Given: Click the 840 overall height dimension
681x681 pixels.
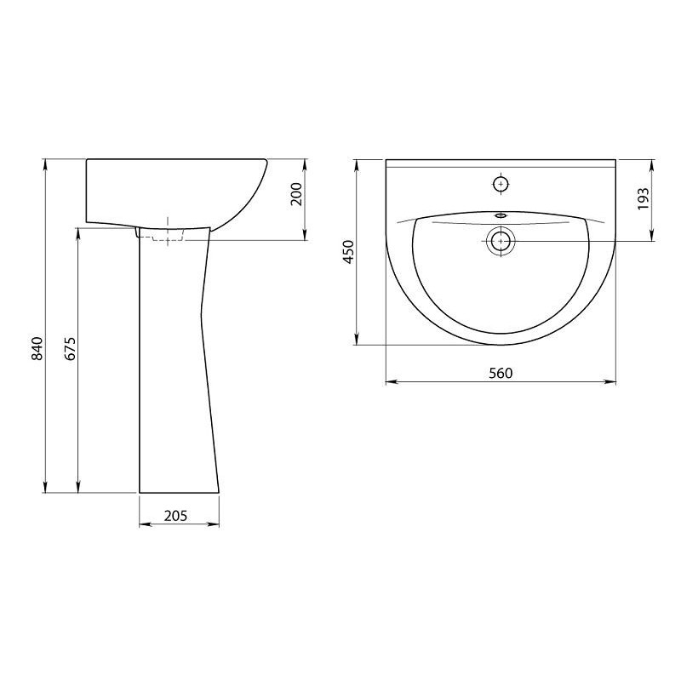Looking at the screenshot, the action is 37,348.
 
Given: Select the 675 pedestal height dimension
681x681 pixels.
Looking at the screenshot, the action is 71,348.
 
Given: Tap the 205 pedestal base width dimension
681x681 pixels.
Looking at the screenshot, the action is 175,516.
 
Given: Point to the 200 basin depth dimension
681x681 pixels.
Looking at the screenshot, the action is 295,195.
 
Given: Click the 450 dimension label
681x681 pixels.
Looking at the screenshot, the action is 349,252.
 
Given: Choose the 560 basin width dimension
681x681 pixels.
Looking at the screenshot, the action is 501,373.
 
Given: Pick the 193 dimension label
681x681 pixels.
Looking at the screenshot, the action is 644,198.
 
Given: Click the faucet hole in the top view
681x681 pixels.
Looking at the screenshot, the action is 501,185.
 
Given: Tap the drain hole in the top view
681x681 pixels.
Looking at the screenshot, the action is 501,241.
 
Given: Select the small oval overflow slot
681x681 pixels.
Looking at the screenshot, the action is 501,215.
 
